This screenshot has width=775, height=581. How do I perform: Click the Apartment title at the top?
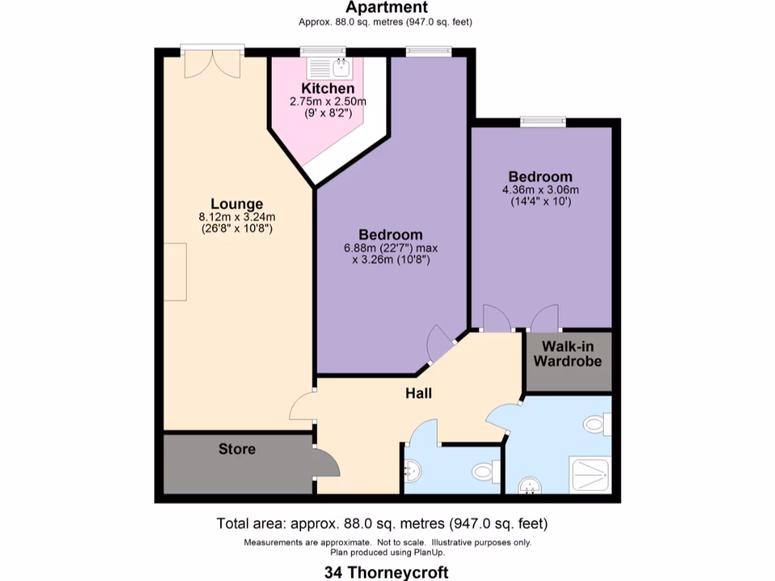[x=387, y=8]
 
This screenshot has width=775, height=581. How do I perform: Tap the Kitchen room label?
[x=327, y=89]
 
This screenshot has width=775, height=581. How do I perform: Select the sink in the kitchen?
[x=339, y=69]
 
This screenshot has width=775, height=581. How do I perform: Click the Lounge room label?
[x=237, y=204]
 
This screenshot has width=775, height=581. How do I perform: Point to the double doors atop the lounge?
[x=213, y=64]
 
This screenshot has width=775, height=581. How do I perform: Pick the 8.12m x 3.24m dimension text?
[x=237, y=216]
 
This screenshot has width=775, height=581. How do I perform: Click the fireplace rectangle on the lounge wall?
[x=175, y=272]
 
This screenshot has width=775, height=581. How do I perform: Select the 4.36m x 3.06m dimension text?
[x=540, y=190]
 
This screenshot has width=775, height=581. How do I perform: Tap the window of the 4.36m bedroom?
[x=543, y=120]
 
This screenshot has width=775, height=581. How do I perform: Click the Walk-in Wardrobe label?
[x=568, y=354]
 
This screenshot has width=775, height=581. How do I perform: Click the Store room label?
[x=237, y=449]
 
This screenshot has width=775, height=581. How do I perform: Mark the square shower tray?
[x=589, y=474]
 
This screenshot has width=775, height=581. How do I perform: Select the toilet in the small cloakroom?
[x=484, y=473]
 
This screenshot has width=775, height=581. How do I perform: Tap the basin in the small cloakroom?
[x=413, y=472]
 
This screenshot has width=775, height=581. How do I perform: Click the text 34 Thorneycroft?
[x=387, y=572]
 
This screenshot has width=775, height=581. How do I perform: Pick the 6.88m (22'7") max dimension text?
[x=391, y=247]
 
